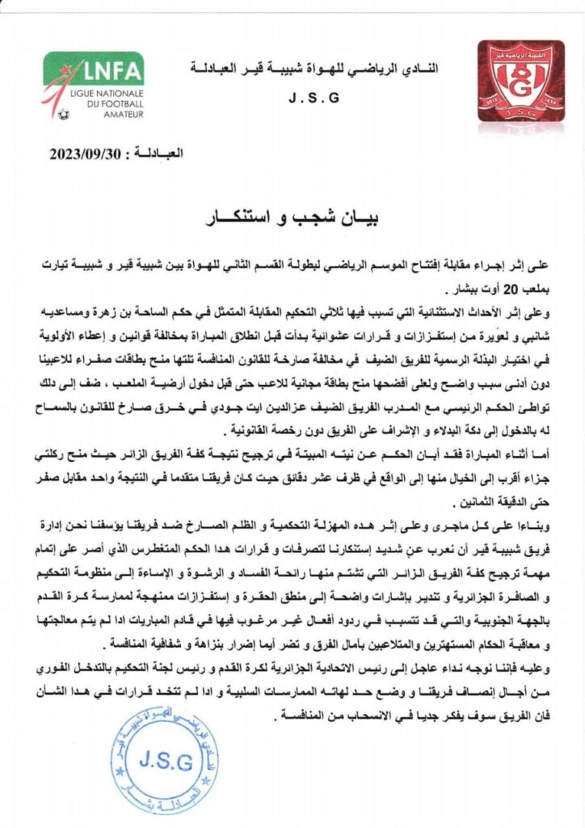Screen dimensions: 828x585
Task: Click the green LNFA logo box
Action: [94, 70]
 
